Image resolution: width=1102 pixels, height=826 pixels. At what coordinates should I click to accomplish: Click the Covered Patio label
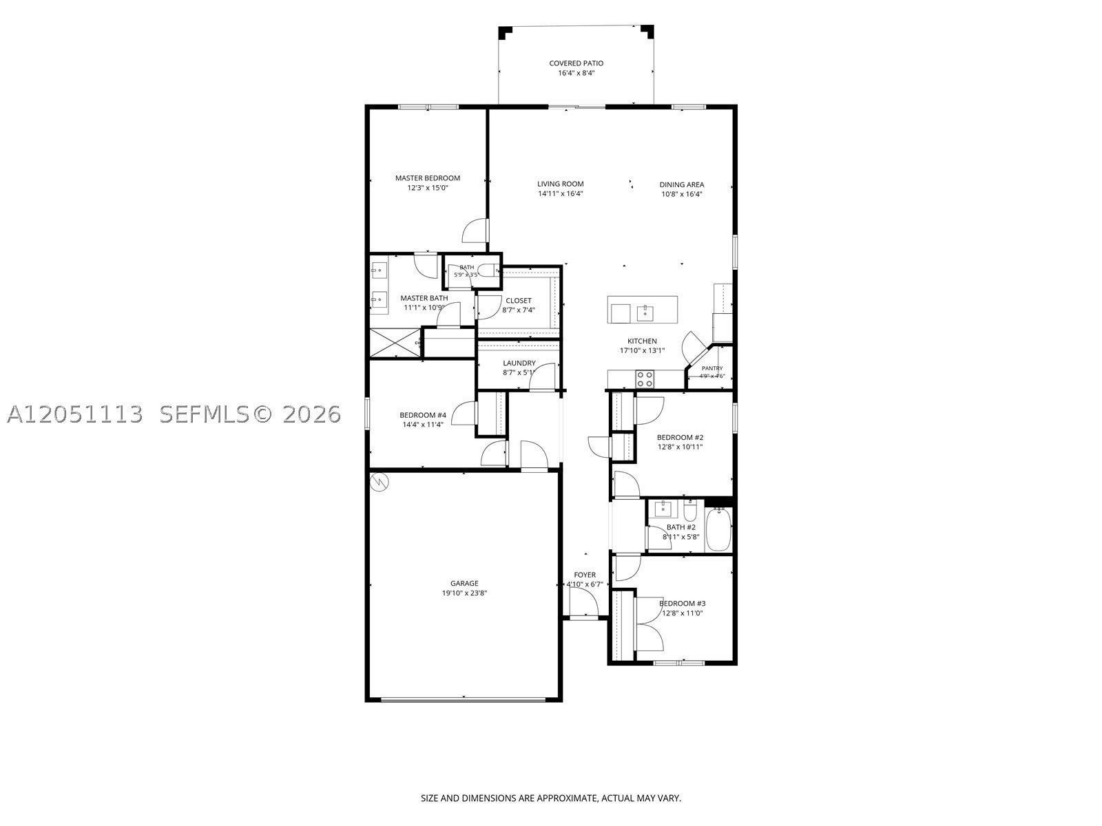click(x=576, y=63)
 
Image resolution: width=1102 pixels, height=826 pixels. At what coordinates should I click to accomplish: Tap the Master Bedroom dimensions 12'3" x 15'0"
click(x=427, y=188)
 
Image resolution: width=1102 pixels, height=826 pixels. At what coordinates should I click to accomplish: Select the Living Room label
click(x=560, y=184)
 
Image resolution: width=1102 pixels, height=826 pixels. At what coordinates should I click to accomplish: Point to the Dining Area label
click(x=681, y=184)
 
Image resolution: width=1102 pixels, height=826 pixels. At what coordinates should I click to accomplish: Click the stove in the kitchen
click(x=645, y=379)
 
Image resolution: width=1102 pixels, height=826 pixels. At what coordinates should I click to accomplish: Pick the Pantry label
click(x=712, y=368)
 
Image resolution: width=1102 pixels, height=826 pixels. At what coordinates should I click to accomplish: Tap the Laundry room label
click(x=519, y=363)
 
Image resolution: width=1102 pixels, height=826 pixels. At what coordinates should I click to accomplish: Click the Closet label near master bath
click(x=518, y=301)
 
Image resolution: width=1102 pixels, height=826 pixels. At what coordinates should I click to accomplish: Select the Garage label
click(x=464, y=583)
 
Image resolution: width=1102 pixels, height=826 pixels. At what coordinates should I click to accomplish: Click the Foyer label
click(x=584, y=575)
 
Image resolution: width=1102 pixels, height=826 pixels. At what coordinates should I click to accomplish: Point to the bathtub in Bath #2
click(x=718, y=529)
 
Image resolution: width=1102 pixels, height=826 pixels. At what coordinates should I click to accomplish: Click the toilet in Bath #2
click(x=690, y=511)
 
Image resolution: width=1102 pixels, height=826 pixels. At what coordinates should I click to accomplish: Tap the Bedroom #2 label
click(x=680, y=437)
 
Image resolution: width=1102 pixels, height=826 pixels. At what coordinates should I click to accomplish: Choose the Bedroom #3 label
click(x=682, y=604)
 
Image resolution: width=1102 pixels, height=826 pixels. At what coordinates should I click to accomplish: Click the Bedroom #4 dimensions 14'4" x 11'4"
click(x=423, y=425)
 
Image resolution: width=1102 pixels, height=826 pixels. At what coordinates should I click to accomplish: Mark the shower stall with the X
click(x=395, y=343)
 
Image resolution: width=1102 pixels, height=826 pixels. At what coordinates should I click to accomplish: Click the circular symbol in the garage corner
click(x=379, y=482)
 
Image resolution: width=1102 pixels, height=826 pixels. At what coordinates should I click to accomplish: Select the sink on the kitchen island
click(x=645, y=313)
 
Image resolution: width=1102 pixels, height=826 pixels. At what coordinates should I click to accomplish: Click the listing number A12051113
click(x=75, y=414)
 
